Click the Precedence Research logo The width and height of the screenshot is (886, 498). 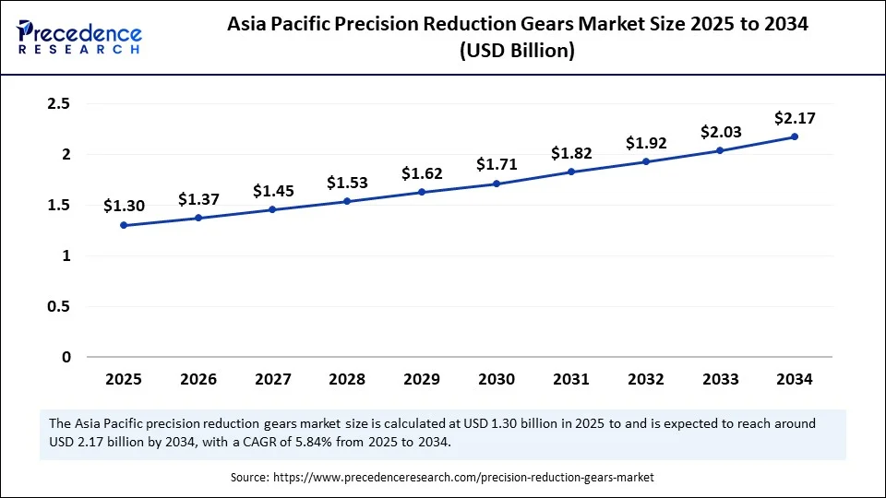tap(79, 37)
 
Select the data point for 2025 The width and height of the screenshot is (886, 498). tap(124, 225)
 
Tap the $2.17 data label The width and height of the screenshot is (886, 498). tap(795, 117)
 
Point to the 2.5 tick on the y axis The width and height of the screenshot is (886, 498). tap(59, 104)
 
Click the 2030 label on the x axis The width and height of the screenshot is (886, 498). tap(497, 379)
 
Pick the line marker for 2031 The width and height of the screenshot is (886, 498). tap(571, 172)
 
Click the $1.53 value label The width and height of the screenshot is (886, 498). tap(347, 183)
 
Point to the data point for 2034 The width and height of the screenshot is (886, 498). tap(795, 136)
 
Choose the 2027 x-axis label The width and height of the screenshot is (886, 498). tap(272, 379)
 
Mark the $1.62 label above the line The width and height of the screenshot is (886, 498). tap(422, 173)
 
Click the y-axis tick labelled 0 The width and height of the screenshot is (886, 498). tap(66, 357)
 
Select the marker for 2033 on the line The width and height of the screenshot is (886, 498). tap(720, 150)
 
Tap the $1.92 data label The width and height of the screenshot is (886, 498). tap(645, 143)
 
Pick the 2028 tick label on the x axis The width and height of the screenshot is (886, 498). tap(347, 379)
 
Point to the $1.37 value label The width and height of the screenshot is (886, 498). tap(198, 199)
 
